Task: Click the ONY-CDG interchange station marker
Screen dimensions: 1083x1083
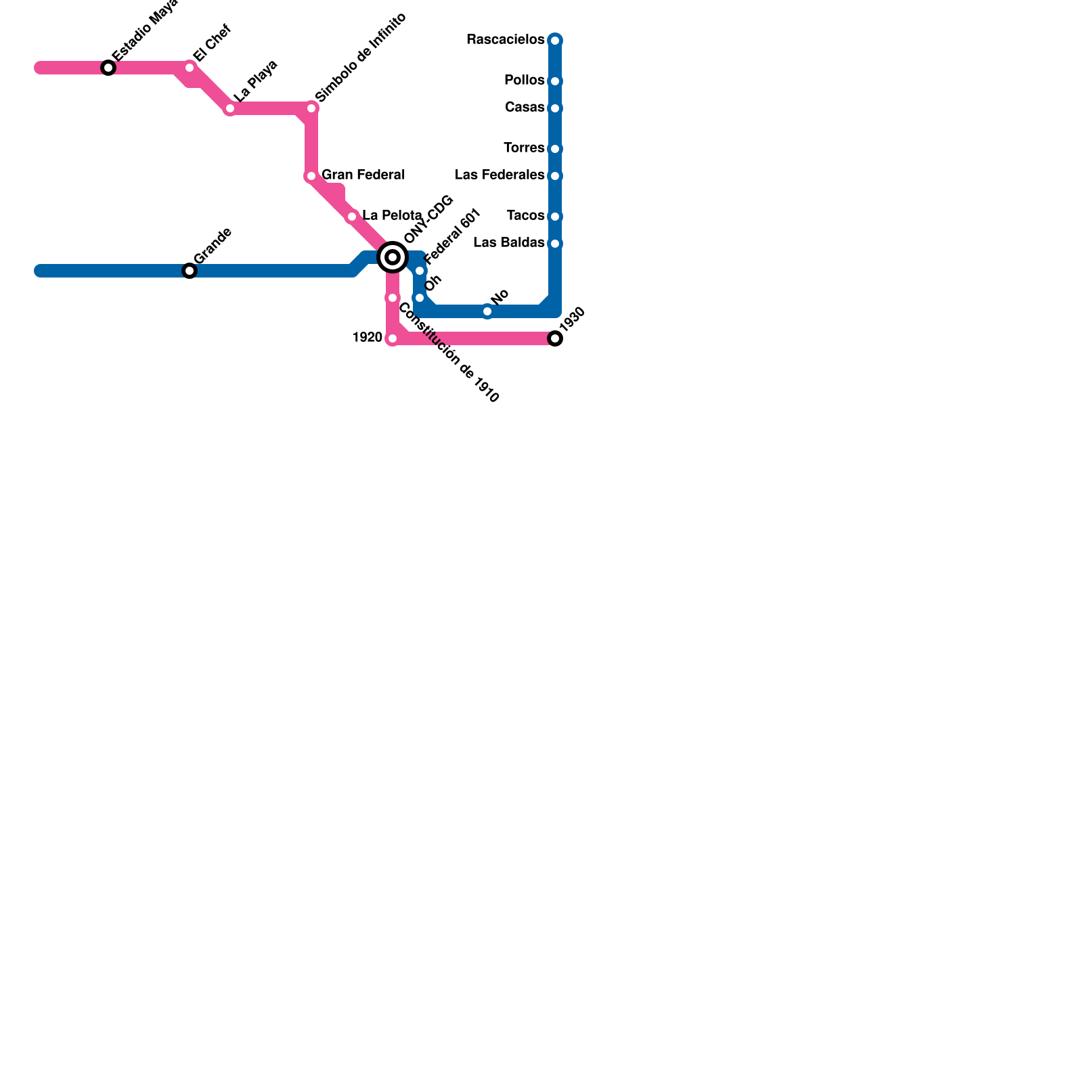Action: point(393,257)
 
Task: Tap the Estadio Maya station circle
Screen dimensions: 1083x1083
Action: point(108,68)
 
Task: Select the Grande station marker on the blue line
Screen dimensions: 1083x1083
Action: point(190,271)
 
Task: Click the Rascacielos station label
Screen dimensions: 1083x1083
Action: point(505,40)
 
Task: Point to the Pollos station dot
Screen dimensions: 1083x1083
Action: point(555,81)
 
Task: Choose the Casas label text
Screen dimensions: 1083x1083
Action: point(524,108)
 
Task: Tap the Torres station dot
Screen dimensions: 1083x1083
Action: point(555,149)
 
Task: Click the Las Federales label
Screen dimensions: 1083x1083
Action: point(499,175)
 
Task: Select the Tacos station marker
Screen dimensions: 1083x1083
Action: point(555,217)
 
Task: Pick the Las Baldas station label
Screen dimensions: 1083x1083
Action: point(508,243)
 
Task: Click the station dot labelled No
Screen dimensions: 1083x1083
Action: point(487,311)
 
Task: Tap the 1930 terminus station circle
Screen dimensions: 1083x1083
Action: point(555,338)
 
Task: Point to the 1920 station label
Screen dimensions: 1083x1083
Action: point(368,338)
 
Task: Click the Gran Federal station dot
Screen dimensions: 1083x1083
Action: point(311,176)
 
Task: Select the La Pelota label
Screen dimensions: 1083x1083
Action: point(392,216)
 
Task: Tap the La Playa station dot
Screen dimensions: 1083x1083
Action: point(230,108)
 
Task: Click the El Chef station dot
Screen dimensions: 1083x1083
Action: point(190,68)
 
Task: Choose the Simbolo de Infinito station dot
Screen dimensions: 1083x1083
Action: point(311,108)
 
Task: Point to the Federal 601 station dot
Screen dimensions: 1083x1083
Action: point(420,271)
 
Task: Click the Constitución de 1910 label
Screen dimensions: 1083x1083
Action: point(448,353)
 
